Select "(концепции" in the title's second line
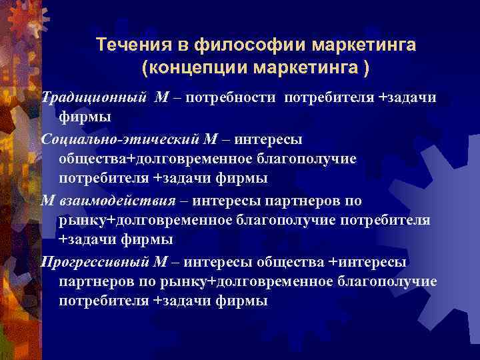(185, 68)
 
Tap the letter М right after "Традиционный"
(161, 98)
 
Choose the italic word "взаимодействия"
(119, 200)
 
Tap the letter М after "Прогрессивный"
(165, 261)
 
